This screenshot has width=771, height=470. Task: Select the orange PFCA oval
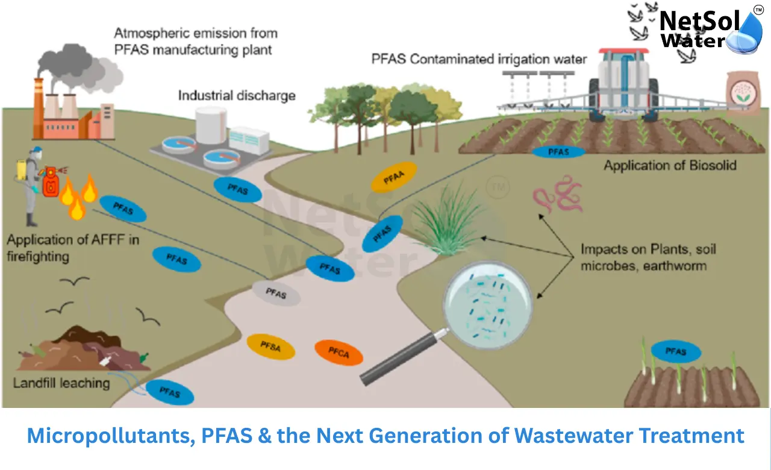pos(339,352)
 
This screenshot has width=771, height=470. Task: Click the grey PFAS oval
pos(276,293)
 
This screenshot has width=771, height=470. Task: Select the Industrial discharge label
pos(237,95)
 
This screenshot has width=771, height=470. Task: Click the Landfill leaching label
pos(61,383)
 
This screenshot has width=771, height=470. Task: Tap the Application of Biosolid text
pos(670,165)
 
